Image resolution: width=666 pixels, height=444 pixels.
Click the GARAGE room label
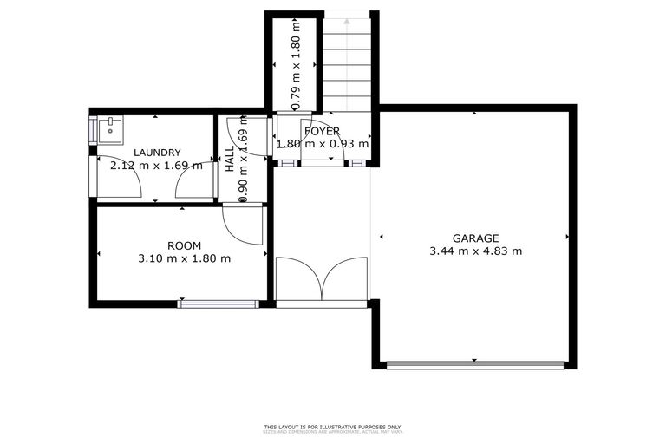pyautogui.click(x=475, y=238)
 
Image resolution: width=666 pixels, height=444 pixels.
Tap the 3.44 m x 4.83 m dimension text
pyautogui.click(x=475, y=251)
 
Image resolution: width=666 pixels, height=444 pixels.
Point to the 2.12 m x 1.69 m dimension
pyautogui.click(x=156, y=165)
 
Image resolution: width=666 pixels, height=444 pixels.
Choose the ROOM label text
pyautogui.click(x=184, y=245)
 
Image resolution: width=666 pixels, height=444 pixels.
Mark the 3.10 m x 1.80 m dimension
pyautogui.click(x=184, y=258)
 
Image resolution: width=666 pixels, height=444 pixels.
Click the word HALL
pyautogui.click(x=229, y=160)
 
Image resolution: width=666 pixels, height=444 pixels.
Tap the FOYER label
pyautogui.click(x=322, y=132)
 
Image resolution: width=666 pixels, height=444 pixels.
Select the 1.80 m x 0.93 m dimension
pyautogui.click(x=322, y=145)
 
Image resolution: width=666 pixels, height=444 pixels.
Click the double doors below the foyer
pyautogui.click(x=322, y=279)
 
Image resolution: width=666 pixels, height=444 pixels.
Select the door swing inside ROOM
pyautogui.click(x=243, y=223)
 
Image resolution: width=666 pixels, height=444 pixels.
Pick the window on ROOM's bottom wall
pyautogui.click(x=219, y=304)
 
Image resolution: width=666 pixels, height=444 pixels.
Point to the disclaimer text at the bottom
pyautogui.click(x=332, y=428)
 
